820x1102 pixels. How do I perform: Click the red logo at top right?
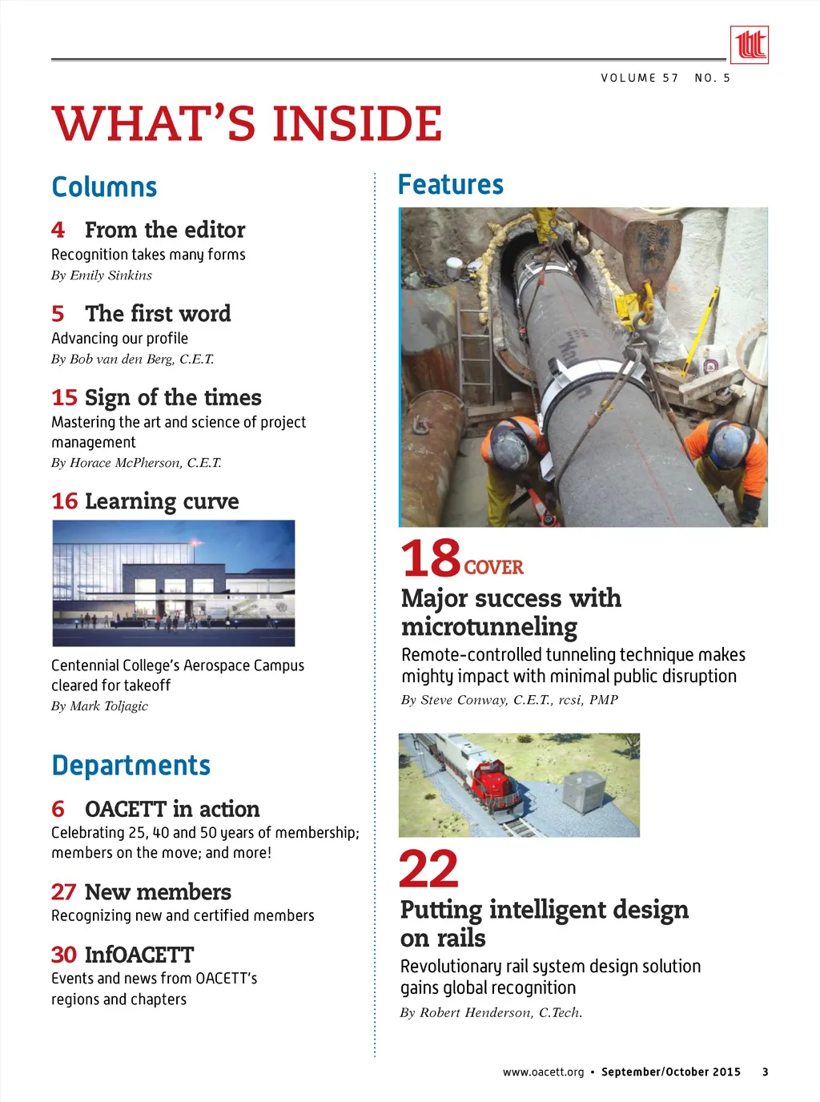coord(749,44)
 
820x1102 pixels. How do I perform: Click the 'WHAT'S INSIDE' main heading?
coord(247,124)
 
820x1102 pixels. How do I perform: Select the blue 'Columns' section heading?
coord(104,187)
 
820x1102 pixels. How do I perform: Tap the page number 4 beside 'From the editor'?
coord(58,230)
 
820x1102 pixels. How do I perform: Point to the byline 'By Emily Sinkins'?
coord(102,275)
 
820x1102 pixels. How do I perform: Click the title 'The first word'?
coord(158,313)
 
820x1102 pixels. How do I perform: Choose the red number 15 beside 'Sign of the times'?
coord(64,397)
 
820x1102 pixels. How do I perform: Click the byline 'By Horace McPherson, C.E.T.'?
coord(136,463)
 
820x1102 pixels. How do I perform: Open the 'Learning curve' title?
coord(162,501)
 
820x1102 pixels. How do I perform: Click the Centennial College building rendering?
coord(174,583)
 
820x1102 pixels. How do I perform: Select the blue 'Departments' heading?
coord(131,766)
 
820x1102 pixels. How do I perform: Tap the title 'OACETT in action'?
coord(172,809)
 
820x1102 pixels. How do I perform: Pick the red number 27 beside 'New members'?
coord(63,892)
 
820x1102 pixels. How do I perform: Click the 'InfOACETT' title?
coord(139,955)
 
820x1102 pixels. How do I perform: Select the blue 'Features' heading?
coord(451,185)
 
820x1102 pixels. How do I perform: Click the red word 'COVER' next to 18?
coord(493,568)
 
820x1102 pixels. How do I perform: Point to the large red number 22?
coord(429,869)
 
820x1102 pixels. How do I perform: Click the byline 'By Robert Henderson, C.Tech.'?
coord(491,1013)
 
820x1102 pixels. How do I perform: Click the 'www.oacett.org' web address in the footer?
coord(543,1072)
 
